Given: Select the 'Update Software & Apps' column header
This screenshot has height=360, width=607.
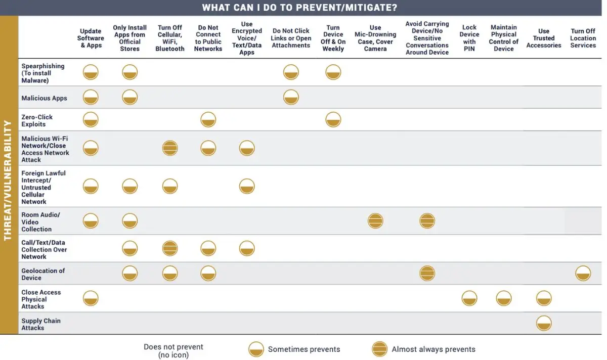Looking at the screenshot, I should (91, 38).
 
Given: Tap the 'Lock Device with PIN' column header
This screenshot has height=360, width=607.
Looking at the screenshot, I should (469, 38).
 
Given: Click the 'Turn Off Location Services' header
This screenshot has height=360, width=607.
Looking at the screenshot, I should (583, 38).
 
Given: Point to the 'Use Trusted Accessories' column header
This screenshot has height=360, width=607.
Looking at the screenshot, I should (544, 38).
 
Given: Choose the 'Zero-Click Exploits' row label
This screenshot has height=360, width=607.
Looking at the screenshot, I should (37, 120).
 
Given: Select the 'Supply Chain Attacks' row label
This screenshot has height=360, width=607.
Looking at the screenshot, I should (40, 324).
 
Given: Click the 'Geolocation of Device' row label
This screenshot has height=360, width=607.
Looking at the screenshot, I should (43, 274).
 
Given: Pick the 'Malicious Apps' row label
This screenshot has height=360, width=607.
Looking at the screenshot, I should (44, 98).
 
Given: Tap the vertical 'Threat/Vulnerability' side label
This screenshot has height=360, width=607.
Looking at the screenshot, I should (9, 179).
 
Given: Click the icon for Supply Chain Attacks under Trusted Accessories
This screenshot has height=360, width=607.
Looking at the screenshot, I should (544, 323).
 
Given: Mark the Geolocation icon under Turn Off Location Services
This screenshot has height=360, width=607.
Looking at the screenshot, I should (583, 274).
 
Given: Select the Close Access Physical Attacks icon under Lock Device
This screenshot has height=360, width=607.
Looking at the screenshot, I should (469, 298).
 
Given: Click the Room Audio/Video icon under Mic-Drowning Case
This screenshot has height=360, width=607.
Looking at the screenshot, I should (375, 221).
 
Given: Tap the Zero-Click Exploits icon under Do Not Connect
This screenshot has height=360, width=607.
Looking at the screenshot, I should (208, 120).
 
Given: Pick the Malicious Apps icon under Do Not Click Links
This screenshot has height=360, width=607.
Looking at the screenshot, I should (291, 97).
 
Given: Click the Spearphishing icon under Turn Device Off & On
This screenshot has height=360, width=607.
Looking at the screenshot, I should (333, 72).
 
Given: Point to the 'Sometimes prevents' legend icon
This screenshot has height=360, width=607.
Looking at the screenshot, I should (256, 349).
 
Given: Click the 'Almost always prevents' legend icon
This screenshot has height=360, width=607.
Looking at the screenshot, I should (379, 349).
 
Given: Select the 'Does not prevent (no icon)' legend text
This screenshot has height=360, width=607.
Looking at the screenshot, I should (174, 351).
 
